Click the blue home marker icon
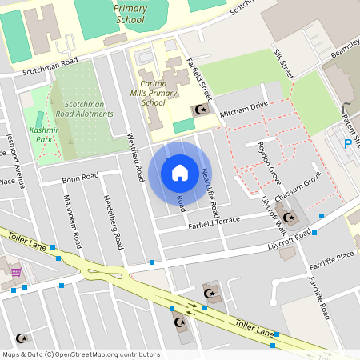[179, 172]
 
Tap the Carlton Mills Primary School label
[158, 93]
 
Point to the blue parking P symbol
[347, 143]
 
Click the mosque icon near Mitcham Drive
[201, 110]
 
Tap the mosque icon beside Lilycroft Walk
[289, 218]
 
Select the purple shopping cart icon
[16, 272]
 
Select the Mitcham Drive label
[238, 106]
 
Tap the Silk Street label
[284, 62]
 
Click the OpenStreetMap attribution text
[80, 354]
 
